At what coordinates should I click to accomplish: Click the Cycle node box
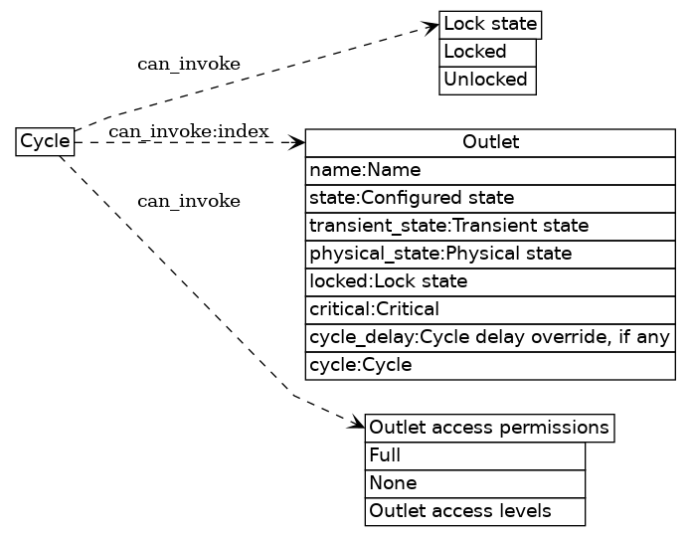click(45, 142)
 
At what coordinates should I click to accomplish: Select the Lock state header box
click(490, 24)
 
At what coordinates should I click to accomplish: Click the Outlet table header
click(490, 143)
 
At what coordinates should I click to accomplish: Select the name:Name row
click(490, 170)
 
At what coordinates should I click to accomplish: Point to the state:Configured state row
click(490, 198)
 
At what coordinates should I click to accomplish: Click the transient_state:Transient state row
click(490, 226)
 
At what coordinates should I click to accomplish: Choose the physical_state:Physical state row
click(490, 254)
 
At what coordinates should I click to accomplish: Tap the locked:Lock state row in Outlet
click(490, 281)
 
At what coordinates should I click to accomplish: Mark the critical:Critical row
click(490, 309)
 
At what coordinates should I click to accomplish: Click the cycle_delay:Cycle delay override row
click(490, 337)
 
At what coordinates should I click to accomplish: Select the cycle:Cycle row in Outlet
click(490, 365)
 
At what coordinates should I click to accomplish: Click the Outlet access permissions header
click(489, 428)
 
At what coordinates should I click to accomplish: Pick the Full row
click(475, 456)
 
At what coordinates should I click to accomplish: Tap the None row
click(475, 484)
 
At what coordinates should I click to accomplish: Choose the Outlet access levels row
click(475, 512)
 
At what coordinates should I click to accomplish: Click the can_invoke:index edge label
click(189, 132)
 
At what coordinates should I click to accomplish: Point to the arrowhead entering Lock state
click(432, 27)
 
